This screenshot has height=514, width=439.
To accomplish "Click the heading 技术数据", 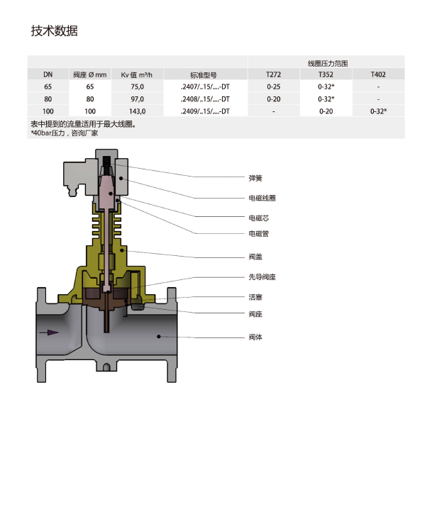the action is (55, 30).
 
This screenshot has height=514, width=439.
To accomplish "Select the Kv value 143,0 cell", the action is (137, 111).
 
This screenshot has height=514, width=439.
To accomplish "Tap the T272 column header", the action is (274, 74).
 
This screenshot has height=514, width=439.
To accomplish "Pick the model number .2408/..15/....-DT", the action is (205, 99).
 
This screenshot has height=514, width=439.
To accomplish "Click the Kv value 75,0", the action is (137, 86).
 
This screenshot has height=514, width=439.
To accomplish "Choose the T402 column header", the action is (378, 74).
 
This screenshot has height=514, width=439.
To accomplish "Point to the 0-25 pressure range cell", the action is (274, 86).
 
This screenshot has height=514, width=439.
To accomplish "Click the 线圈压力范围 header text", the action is (328, 63).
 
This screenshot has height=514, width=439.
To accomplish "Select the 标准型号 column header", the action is (204, 75).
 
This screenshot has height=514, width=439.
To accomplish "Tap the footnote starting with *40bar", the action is (65, 133).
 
